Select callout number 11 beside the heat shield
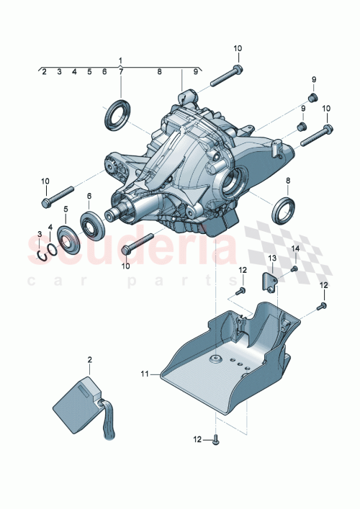(x=145, y=374)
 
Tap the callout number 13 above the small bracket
(x=273, y=258)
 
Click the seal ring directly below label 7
(x=117, y=114)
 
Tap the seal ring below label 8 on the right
(x=283, y=210)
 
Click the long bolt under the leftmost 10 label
(x=58, y=196)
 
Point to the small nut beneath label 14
(x=294, y=269)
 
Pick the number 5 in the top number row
(x=89, y=72)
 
